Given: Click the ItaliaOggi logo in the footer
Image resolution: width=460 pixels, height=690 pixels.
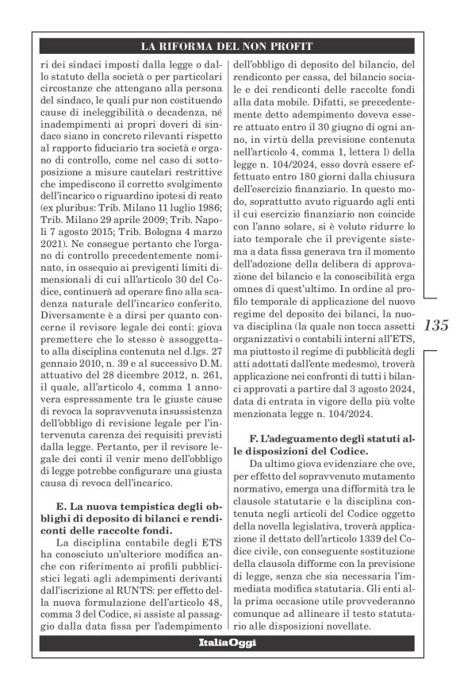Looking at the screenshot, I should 228,642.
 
